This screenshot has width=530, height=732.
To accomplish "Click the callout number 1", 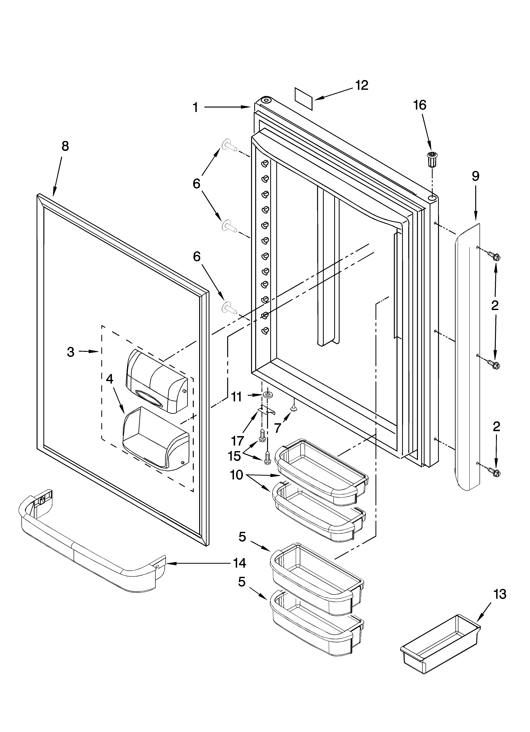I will pyautogui.click(x=196, y=108).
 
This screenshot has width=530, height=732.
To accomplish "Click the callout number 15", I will pyautogui.click(x=234, y=456).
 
